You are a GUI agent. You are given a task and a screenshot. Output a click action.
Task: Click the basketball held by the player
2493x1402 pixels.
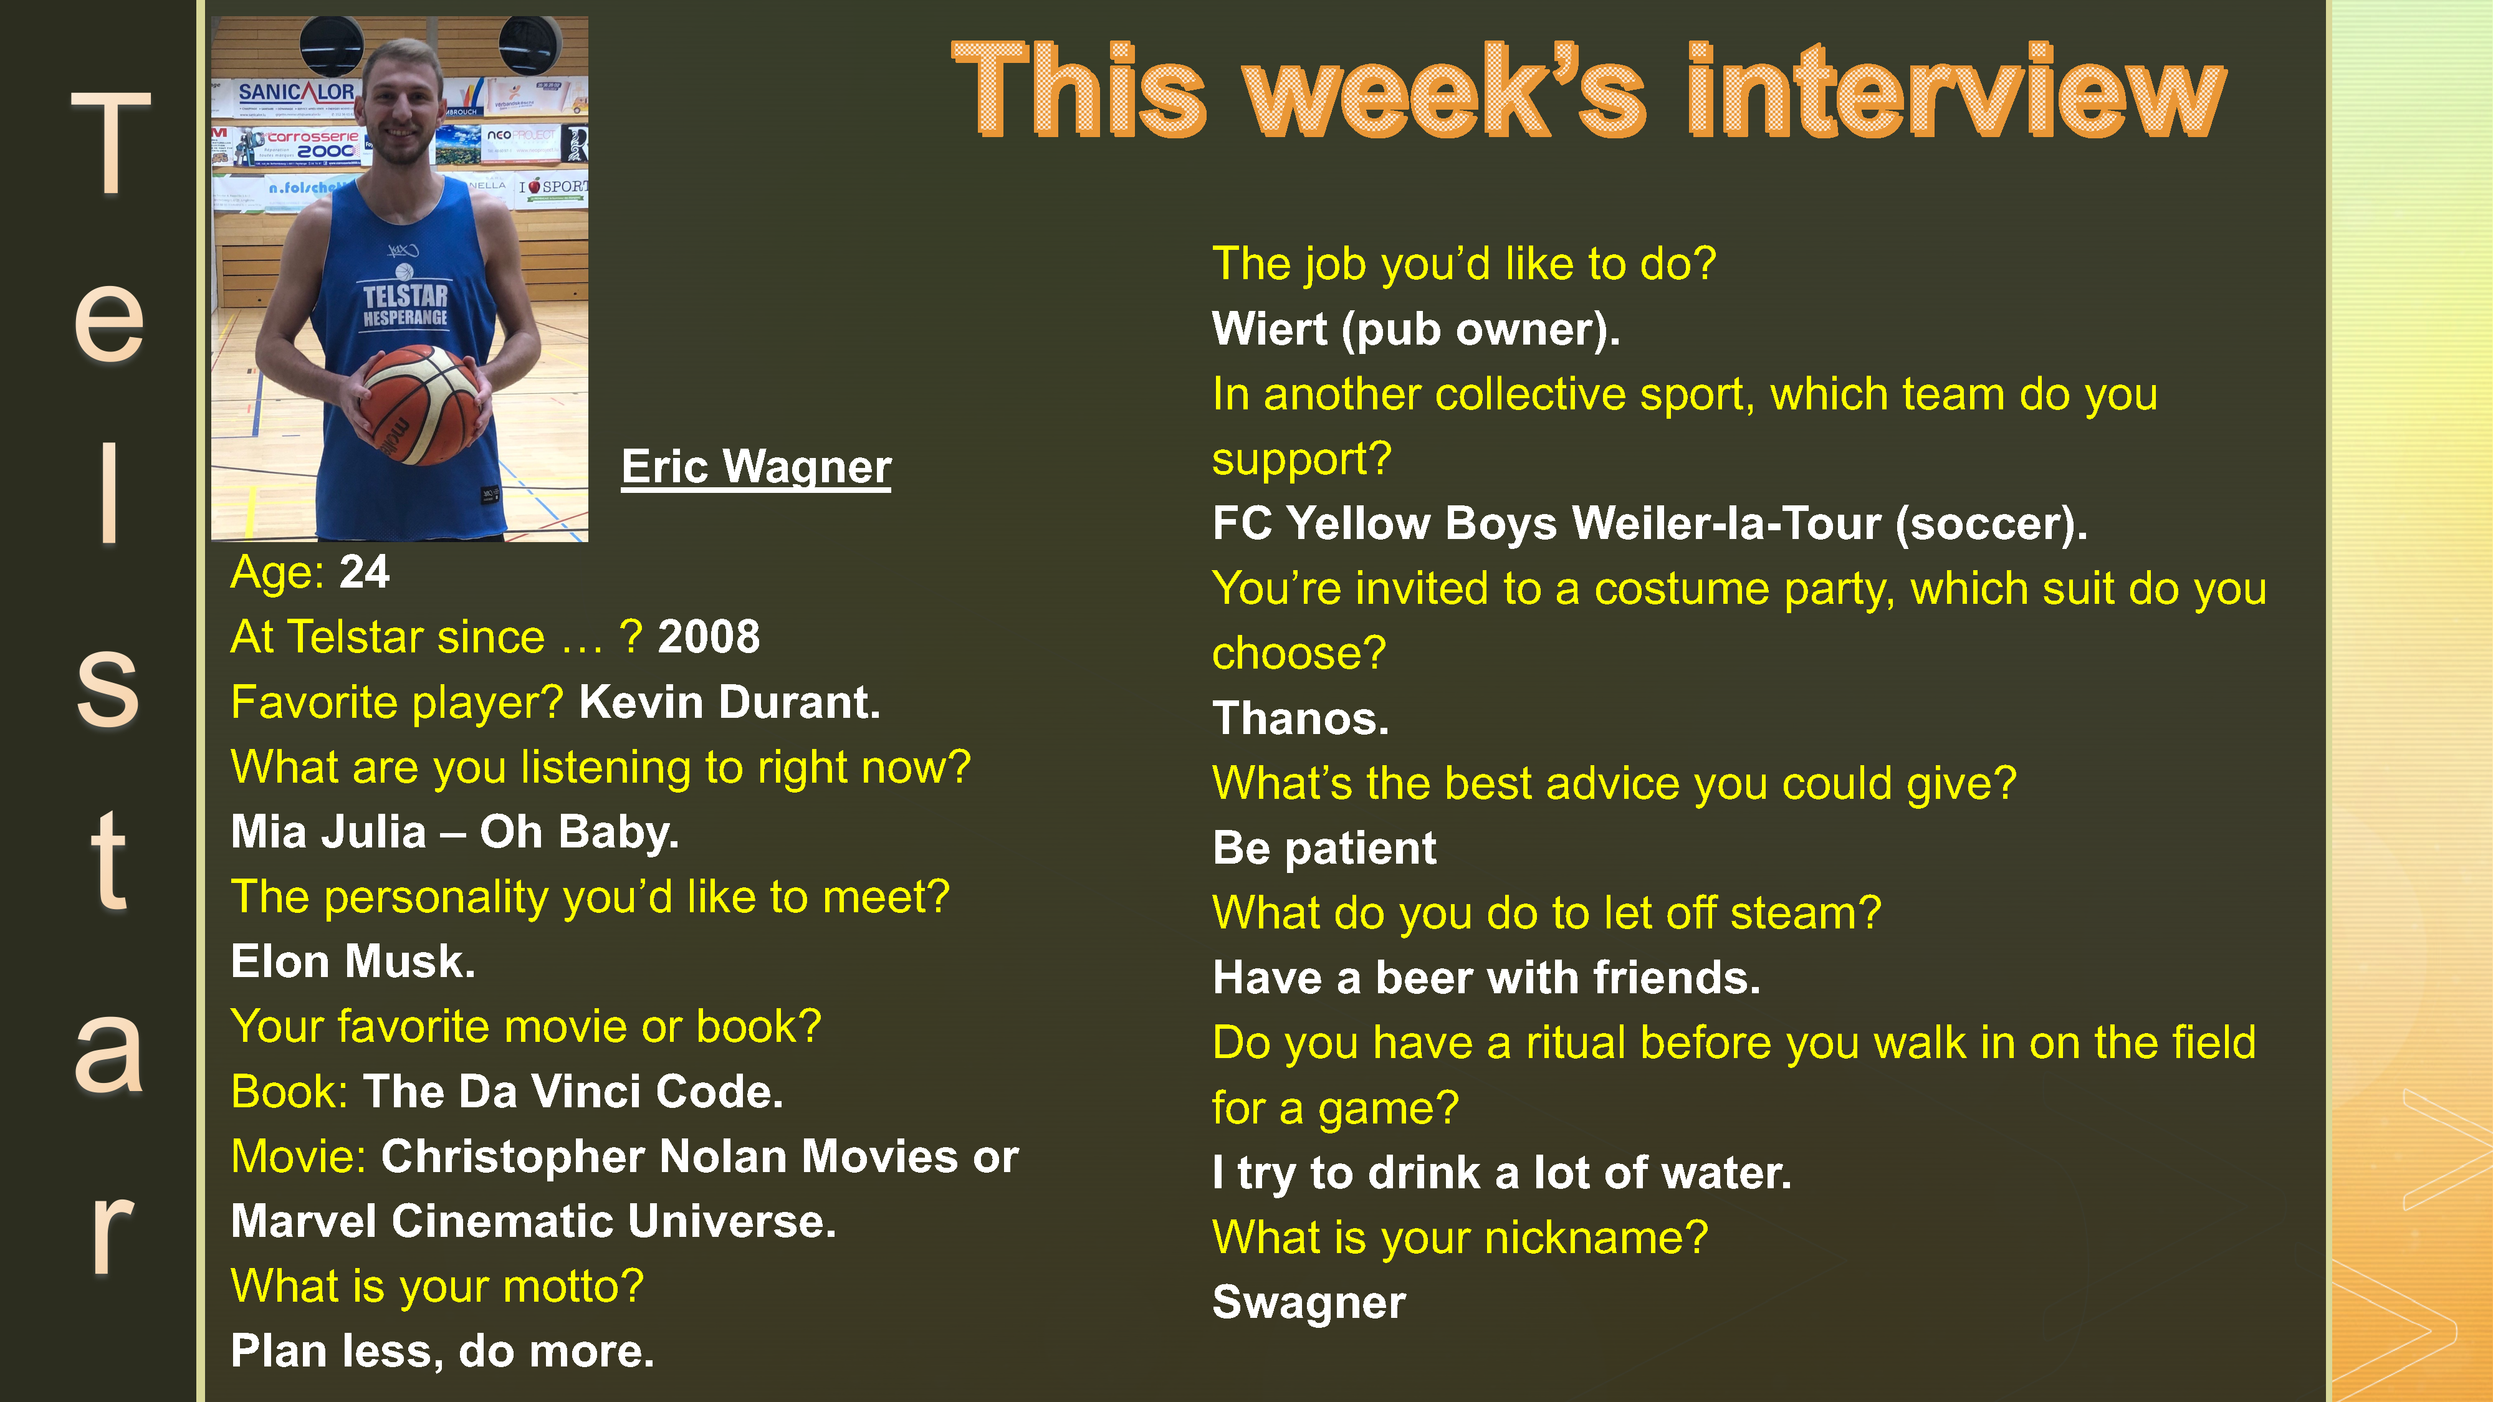click(421, 404)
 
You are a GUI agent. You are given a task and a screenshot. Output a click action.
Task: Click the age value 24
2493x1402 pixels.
click(364, 572)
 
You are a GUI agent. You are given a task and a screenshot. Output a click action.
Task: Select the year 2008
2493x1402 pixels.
click(709, 637)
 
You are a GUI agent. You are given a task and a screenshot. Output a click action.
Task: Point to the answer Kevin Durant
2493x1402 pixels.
click(730, 702)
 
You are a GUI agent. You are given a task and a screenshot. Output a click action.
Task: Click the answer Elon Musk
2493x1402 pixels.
click(353, 961)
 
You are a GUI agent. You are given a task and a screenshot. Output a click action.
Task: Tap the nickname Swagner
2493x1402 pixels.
click(1308, 1302)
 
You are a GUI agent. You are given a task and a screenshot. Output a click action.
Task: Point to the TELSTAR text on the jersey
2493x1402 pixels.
click(406, 295)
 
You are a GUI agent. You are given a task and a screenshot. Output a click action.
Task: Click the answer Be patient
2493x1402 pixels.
click(1324, 849)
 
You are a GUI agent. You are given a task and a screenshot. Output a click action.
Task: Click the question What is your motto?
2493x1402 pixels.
click(436, 1287)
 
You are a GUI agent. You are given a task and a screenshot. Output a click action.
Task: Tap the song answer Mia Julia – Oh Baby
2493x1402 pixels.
click(455, 832)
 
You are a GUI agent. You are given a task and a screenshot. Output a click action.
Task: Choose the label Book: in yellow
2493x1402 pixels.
click(289, 1092)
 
